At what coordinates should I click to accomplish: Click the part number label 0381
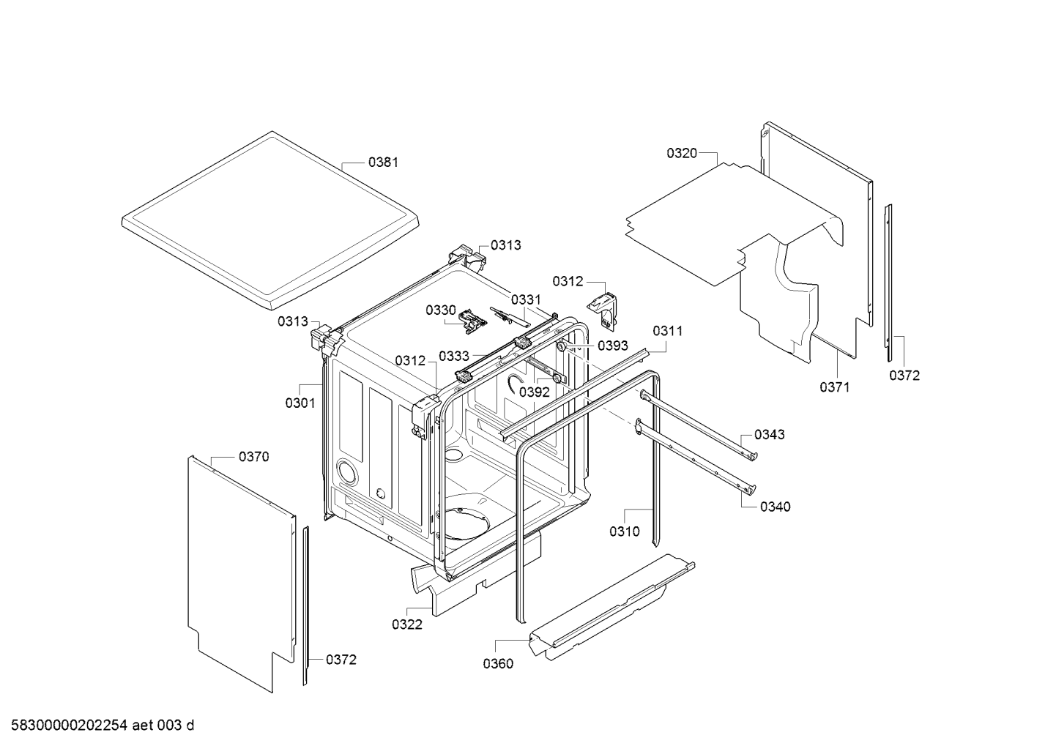coord(383,162)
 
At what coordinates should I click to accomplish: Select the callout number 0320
coord(682,153)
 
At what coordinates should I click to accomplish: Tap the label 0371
coord(834,387)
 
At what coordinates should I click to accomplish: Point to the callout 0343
coord(769,434)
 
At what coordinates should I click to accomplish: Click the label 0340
coord(775,507)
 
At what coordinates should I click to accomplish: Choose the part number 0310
coord(624,531)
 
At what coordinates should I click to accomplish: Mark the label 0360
coord(498,664)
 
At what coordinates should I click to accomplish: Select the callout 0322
coord(407,624)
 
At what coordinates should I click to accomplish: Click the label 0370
coord(253,457)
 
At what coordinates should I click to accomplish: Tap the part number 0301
coord(300,403)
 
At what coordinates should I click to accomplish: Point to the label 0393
coord(613,345)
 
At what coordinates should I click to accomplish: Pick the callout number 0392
coord(535,392)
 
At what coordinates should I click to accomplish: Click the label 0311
coord(667,331)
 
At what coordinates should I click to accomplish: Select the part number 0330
coord(441,310)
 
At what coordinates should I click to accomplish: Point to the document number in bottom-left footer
coord(98,726)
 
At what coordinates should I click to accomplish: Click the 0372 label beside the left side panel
coord(341,660)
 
